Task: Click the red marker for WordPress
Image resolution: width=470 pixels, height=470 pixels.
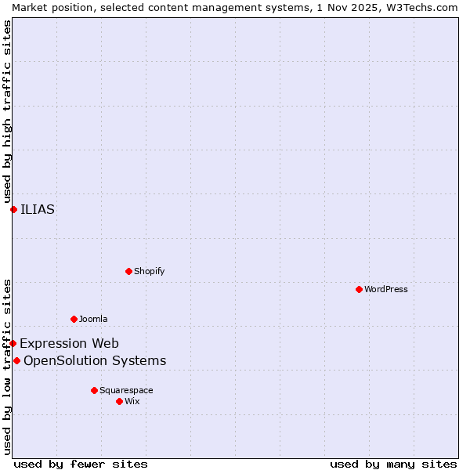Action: (x=359, y=289)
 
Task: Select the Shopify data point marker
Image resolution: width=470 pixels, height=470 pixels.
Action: (x=128, y=271)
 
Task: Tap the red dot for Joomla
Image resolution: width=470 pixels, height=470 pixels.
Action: (x=74, y=319)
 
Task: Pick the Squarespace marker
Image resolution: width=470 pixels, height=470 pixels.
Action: (x=94, y=390)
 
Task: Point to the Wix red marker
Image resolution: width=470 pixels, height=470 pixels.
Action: (x=119, y=401)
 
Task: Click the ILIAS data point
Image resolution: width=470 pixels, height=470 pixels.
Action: (x=13, y=209)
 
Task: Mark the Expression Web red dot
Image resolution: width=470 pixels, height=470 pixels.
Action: (x=13, y=343)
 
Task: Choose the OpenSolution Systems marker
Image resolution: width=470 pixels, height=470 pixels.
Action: (x=16, y=360)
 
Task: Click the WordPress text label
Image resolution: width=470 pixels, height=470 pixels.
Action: (x=386, y=289)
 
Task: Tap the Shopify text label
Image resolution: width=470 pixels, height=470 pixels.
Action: (x=149, y=271)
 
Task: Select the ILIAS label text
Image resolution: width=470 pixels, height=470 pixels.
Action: (x=38, y=209)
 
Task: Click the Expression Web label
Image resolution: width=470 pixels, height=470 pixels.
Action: (x=69, y=343)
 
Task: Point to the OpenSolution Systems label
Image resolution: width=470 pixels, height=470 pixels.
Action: (x=95, y=360)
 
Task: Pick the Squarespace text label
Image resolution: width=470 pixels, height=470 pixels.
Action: (x=126, y=390)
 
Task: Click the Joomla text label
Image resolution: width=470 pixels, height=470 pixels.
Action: (x=93, y=319)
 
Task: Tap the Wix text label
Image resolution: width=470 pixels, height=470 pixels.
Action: (x=132, y=401)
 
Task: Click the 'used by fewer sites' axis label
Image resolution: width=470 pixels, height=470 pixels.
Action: (x=81, y=464)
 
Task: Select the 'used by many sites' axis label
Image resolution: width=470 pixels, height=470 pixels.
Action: (x=393, y=464)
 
